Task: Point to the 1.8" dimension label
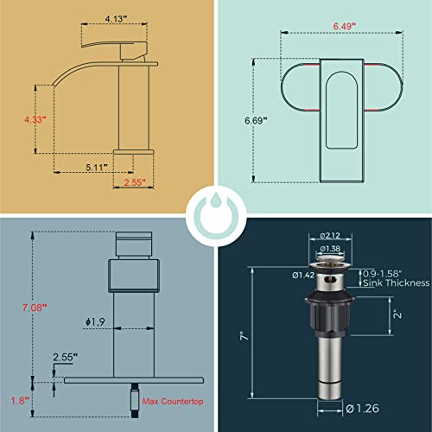click(x=15, y=400)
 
